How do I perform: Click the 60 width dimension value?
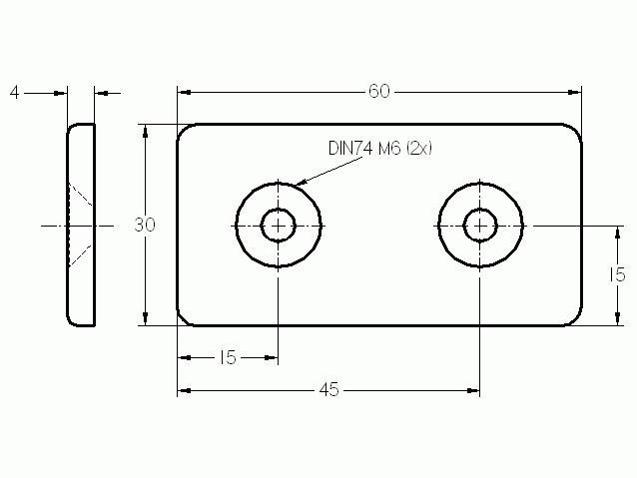coord(379,92)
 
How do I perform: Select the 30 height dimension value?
coord(145,225)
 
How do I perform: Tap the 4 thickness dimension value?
coord(15,93)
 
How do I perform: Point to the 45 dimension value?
coord(328,390)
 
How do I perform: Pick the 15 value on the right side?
coord(617,275)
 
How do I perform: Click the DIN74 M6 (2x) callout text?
coord(380,149)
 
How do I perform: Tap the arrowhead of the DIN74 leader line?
coord(300,183)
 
